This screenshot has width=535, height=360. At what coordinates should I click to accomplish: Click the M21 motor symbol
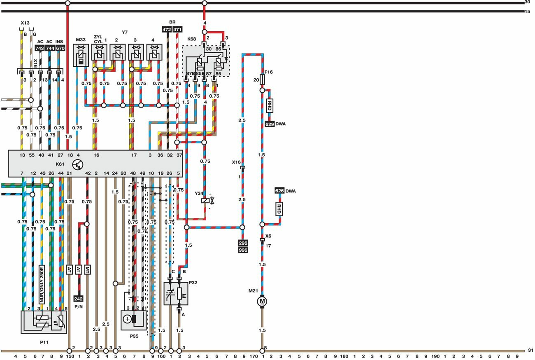(262, 302)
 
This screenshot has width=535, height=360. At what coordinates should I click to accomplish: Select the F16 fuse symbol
(262, 80)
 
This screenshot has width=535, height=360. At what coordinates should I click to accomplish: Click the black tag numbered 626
(280, 191)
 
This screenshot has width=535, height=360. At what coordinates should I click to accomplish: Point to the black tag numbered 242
(78, 299)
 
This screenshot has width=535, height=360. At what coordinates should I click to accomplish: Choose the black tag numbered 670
(60, 48)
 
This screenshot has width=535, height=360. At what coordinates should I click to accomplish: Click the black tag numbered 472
(167, 29)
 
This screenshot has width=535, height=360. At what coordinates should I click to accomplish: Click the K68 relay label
(192, 39)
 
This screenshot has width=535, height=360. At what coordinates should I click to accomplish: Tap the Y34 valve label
(199, 193)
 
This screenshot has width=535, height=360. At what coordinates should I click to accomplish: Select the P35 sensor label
(134, 336)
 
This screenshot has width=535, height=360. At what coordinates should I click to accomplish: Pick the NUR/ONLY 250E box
(42, 284)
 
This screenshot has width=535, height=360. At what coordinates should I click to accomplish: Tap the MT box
(87, 269)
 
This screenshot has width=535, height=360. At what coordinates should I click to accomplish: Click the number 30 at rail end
(528, 2)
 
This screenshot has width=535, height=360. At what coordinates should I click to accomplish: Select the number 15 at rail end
(528, 11)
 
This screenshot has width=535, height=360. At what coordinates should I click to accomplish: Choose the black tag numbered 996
(243, 250)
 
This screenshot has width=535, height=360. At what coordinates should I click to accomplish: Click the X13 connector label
(25, 23)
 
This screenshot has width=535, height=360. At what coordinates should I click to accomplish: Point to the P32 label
(193, 283)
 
